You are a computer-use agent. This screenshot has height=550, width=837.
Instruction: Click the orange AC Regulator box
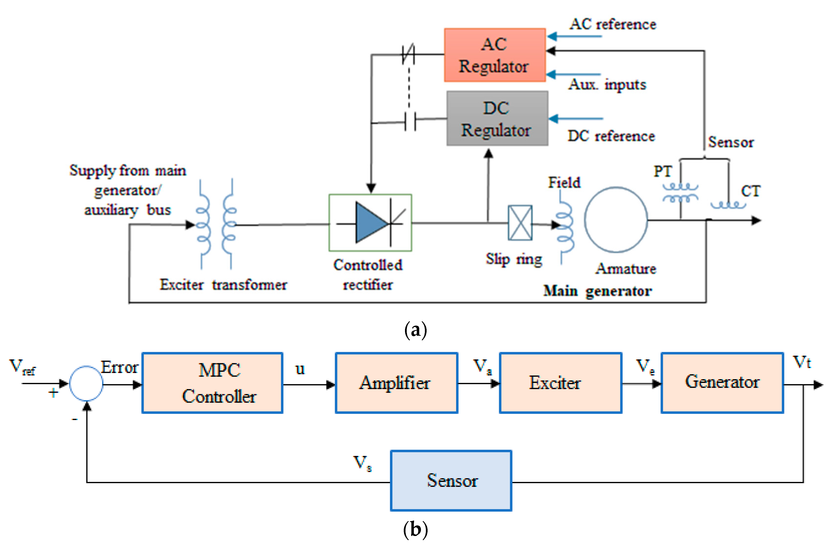click(x=494, y=55)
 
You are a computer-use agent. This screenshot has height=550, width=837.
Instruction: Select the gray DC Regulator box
click(x=497, y=119)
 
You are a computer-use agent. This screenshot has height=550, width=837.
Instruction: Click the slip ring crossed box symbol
click(x=520, y=223)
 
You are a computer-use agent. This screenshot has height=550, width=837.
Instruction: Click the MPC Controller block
click(x=212, y=383)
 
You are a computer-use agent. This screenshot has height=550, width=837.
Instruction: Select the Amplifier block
click(x=396, y=383)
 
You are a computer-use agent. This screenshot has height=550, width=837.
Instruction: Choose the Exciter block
click(x=560, y=383)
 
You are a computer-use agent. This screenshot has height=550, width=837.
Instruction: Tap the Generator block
click(x=722, y=383)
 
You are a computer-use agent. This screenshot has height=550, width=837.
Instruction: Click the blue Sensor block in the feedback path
click(x=451, y=480)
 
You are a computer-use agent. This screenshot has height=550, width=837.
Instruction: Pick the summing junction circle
click(x=86, y=384)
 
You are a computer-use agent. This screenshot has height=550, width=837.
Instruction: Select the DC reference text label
click(x=611, y=136)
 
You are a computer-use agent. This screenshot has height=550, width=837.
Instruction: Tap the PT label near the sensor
click(x=663, y=172)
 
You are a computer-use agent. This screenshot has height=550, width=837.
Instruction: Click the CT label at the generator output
click(x=751, y=191)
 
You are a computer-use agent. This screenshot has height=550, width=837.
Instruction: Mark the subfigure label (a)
click(x=416, y=330)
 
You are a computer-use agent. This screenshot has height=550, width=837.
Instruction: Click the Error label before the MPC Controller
click(x=119, y=367)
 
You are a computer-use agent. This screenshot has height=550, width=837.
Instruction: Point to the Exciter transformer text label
click(x=223, y=285)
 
